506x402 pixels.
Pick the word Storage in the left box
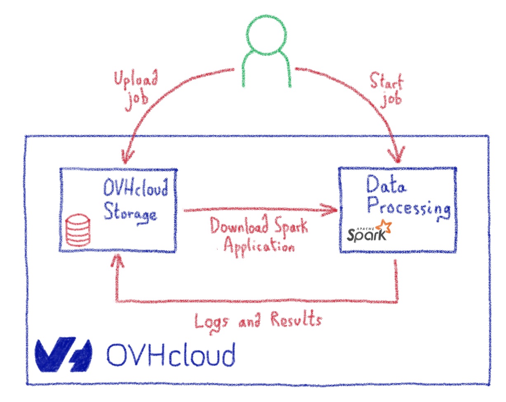pos(129,214)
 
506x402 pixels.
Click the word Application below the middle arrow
pos(259,246)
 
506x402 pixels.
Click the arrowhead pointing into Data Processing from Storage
pos(332,210)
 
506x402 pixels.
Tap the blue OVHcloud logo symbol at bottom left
pos(62,355)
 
